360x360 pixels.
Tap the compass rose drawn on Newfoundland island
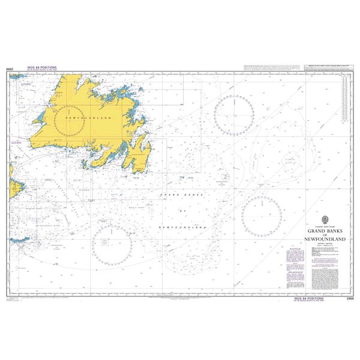[x=81, y=119]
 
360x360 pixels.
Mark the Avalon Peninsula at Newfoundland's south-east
[x=141, y=157]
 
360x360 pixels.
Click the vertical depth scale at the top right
[x=344, y=96]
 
